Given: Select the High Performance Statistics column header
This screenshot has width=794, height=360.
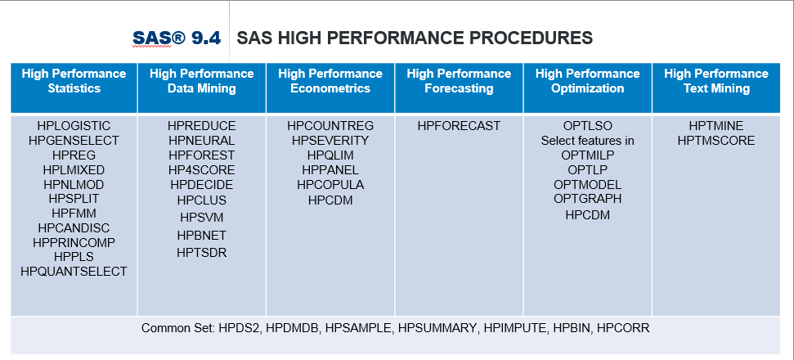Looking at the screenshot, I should pyautogui.click(x=74, y=81).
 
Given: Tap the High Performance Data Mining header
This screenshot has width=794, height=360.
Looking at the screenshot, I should pyautogui.click(x=201, y=81).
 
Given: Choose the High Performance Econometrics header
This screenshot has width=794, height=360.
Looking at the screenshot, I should pyautogui.click(x=330, y=81).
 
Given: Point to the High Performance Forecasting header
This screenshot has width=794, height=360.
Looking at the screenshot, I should pyautogui.click(x=459, y=81).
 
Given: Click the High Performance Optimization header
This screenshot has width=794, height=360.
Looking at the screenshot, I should pyautogui.click(x=587, y=81).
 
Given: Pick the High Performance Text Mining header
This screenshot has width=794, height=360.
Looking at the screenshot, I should pyautogui.click(x=716, y=81).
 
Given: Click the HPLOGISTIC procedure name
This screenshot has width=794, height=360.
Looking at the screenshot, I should pyautogui.click(x=74, y=126).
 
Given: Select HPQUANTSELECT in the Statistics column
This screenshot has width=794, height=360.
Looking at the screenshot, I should pyautogui.click(x=74, y=272).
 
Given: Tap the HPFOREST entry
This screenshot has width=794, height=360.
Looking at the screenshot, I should pyautogui.click(x=201, y=155).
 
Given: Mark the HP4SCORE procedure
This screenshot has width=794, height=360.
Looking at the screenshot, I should pyautogui.click(x=201, y=170).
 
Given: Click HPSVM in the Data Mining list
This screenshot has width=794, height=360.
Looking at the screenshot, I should pyautogui.click(x=201, y=218).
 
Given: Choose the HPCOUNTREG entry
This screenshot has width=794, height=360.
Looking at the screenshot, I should pyautogui.click(x=330, y=126).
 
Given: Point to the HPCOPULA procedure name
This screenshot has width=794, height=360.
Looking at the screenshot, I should pyautogui.click(x=330, y=185).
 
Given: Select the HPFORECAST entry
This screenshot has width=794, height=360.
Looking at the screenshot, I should pyautogui.click(x=459, y=126).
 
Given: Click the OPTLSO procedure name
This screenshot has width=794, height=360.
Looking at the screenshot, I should pyautogui.click(x=587, y=126).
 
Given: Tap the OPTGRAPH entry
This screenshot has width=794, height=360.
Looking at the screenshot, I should pyautogui.click(x=587, y=199).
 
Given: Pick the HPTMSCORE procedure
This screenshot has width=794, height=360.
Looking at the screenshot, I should pyautogui.click(x=716, y=141).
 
